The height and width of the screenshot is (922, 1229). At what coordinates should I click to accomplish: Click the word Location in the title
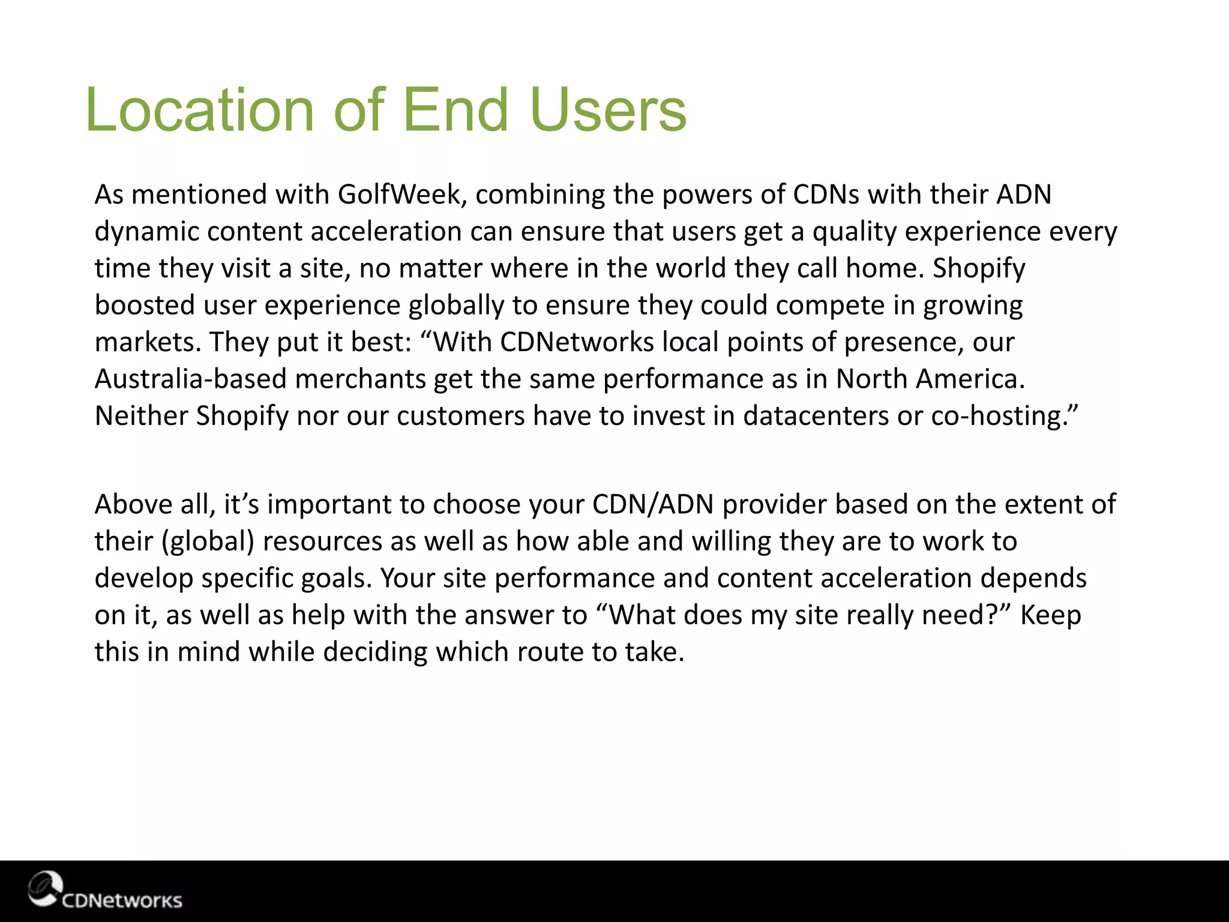199,110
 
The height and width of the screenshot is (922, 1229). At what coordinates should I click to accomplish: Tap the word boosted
145,306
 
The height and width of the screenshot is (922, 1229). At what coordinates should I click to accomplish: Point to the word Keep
1050,615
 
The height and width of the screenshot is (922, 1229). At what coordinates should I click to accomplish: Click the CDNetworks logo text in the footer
122,900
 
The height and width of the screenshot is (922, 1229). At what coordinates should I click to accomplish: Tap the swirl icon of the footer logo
45,888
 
